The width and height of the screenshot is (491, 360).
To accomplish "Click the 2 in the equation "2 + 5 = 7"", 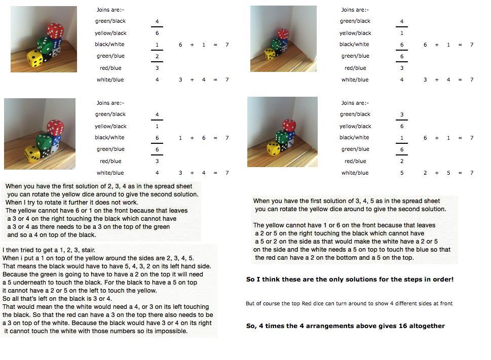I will [x=425, y=173].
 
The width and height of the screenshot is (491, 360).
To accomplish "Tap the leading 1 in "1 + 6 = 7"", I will [x=180, y=138].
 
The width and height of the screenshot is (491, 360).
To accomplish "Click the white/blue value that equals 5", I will [x=402, y=173].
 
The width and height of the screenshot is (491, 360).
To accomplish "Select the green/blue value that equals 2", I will [x=157, y=56].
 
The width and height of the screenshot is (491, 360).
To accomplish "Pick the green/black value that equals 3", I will [x=402, y=114].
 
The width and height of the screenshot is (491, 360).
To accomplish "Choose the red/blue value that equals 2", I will [x=402, y=161].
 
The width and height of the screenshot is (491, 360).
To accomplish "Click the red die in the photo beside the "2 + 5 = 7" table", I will [x=289, y=126].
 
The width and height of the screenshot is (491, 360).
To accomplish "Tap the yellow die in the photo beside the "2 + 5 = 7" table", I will [x=273, y=149].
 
